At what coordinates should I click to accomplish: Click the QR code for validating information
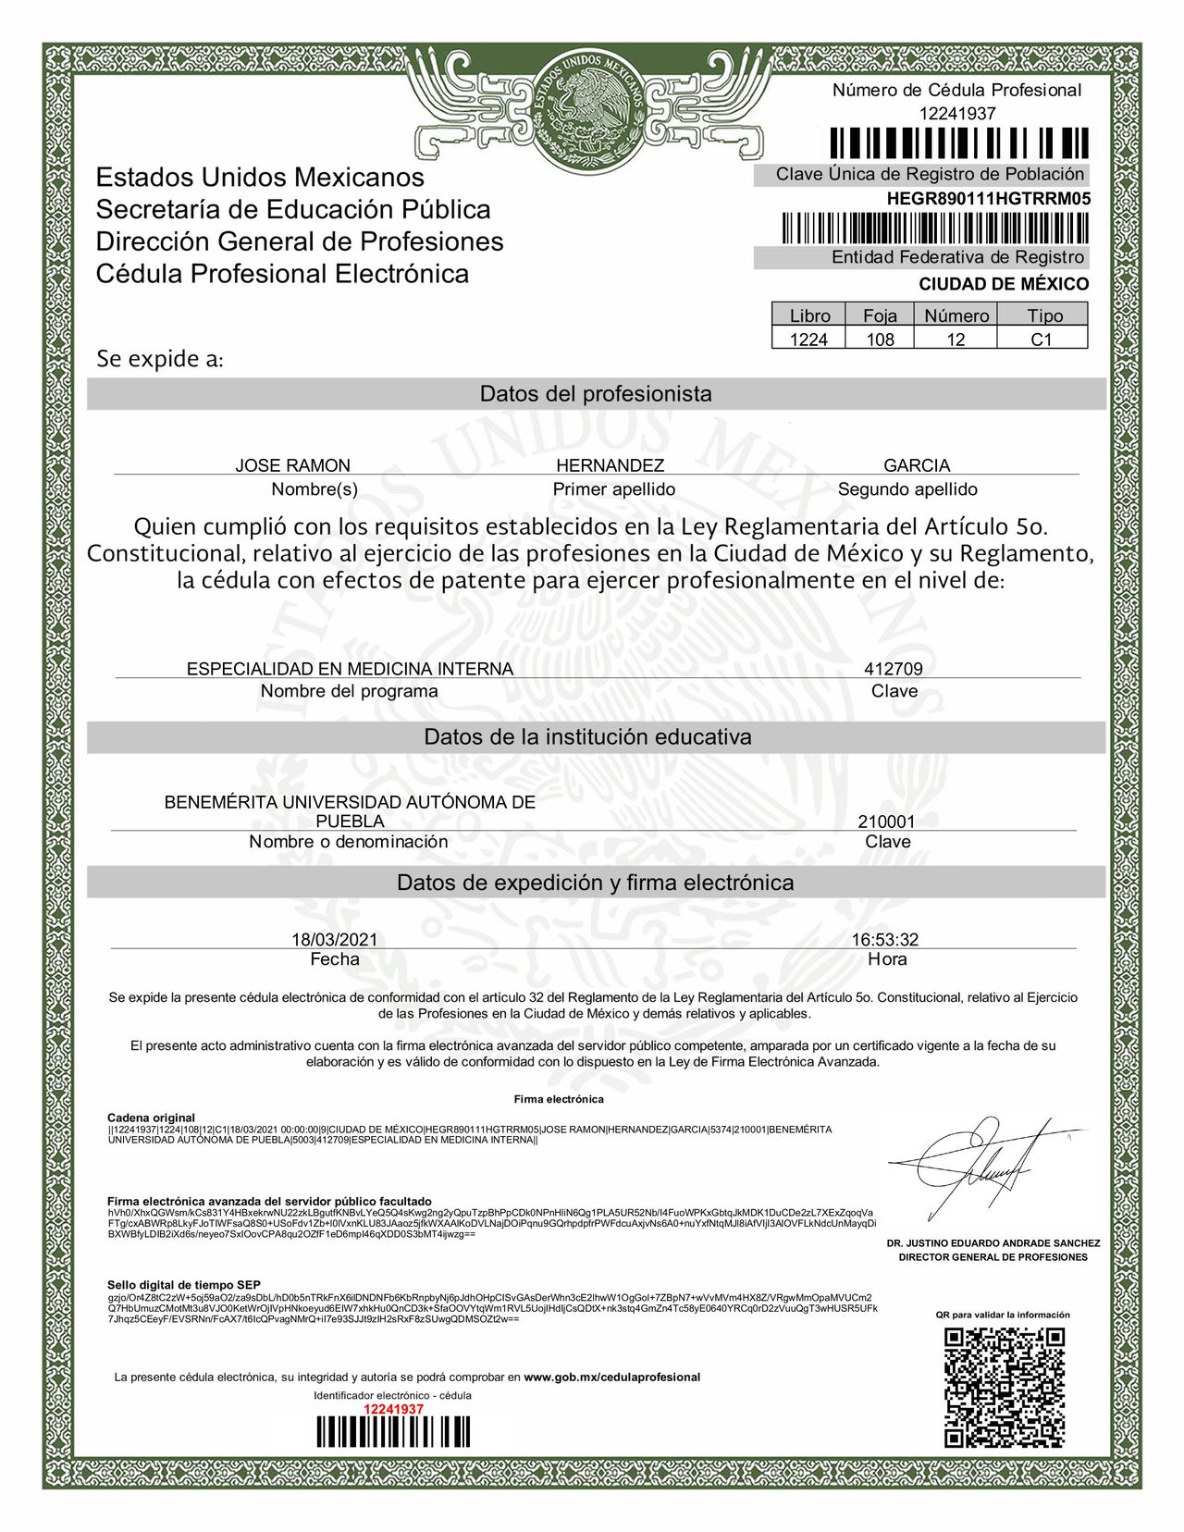tap(1004, 1387)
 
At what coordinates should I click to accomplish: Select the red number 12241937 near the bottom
tap(393, 1409)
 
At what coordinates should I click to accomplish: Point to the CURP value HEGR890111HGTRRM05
tap(988, 198)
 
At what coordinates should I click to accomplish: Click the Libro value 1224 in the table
tap(808, 340)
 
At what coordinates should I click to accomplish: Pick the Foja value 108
tap(880, 340)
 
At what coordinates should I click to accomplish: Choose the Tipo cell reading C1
tap(1042, 340)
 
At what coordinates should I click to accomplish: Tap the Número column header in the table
tap(956, 315)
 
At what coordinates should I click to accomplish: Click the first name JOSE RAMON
tap(292, 465)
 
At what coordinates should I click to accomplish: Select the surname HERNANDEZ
tap(610, 465)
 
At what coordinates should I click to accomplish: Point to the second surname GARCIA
tap(916, 465)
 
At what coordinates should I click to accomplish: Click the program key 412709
tap(893, 669)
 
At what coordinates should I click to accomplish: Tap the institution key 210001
tap(886, 822)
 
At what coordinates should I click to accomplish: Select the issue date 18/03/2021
tap(335, 940)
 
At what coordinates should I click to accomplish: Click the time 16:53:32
tap(885, 940)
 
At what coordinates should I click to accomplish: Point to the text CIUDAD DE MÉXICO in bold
tap(1004, 284)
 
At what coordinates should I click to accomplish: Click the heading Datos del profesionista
tap(596, 394)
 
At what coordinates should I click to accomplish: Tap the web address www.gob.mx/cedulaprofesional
tap(611, 1377)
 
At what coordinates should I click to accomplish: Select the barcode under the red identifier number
tap(393, 1432)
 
